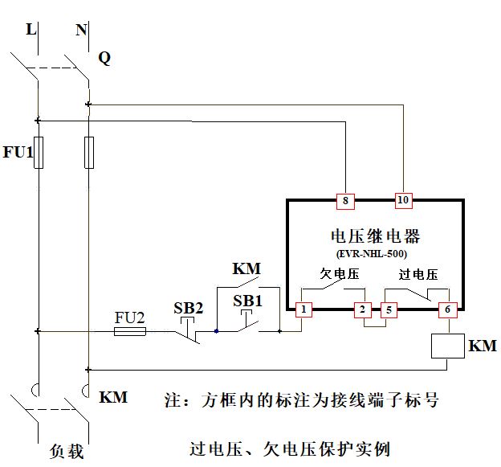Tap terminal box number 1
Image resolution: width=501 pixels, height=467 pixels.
pos(303,309)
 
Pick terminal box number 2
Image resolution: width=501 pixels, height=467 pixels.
pos(362,309)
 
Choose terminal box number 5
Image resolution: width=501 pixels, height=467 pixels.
pos(389,309)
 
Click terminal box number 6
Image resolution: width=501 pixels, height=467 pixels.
pos(447,309)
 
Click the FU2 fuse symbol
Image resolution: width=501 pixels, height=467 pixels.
pos(130,330)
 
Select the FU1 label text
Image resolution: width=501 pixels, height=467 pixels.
pos(18,153)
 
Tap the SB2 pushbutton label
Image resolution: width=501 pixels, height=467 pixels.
pos(189,308)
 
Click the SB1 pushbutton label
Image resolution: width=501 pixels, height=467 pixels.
pos(248,300)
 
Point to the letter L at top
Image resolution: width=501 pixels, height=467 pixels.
pos(31,30)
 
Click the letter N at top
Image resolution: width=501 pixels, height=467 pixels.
pos(81,30)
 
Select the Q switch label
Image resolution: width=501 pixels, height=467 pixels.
pos(104,58)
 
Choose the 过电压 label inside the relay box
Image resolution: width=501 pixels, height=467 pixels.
pos(418,274)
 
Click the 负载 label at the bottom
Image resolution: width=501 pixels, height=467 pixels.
pos(66,451)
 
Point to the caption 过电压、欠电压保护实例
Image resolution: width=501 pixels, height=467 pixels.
pos(290,448)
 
